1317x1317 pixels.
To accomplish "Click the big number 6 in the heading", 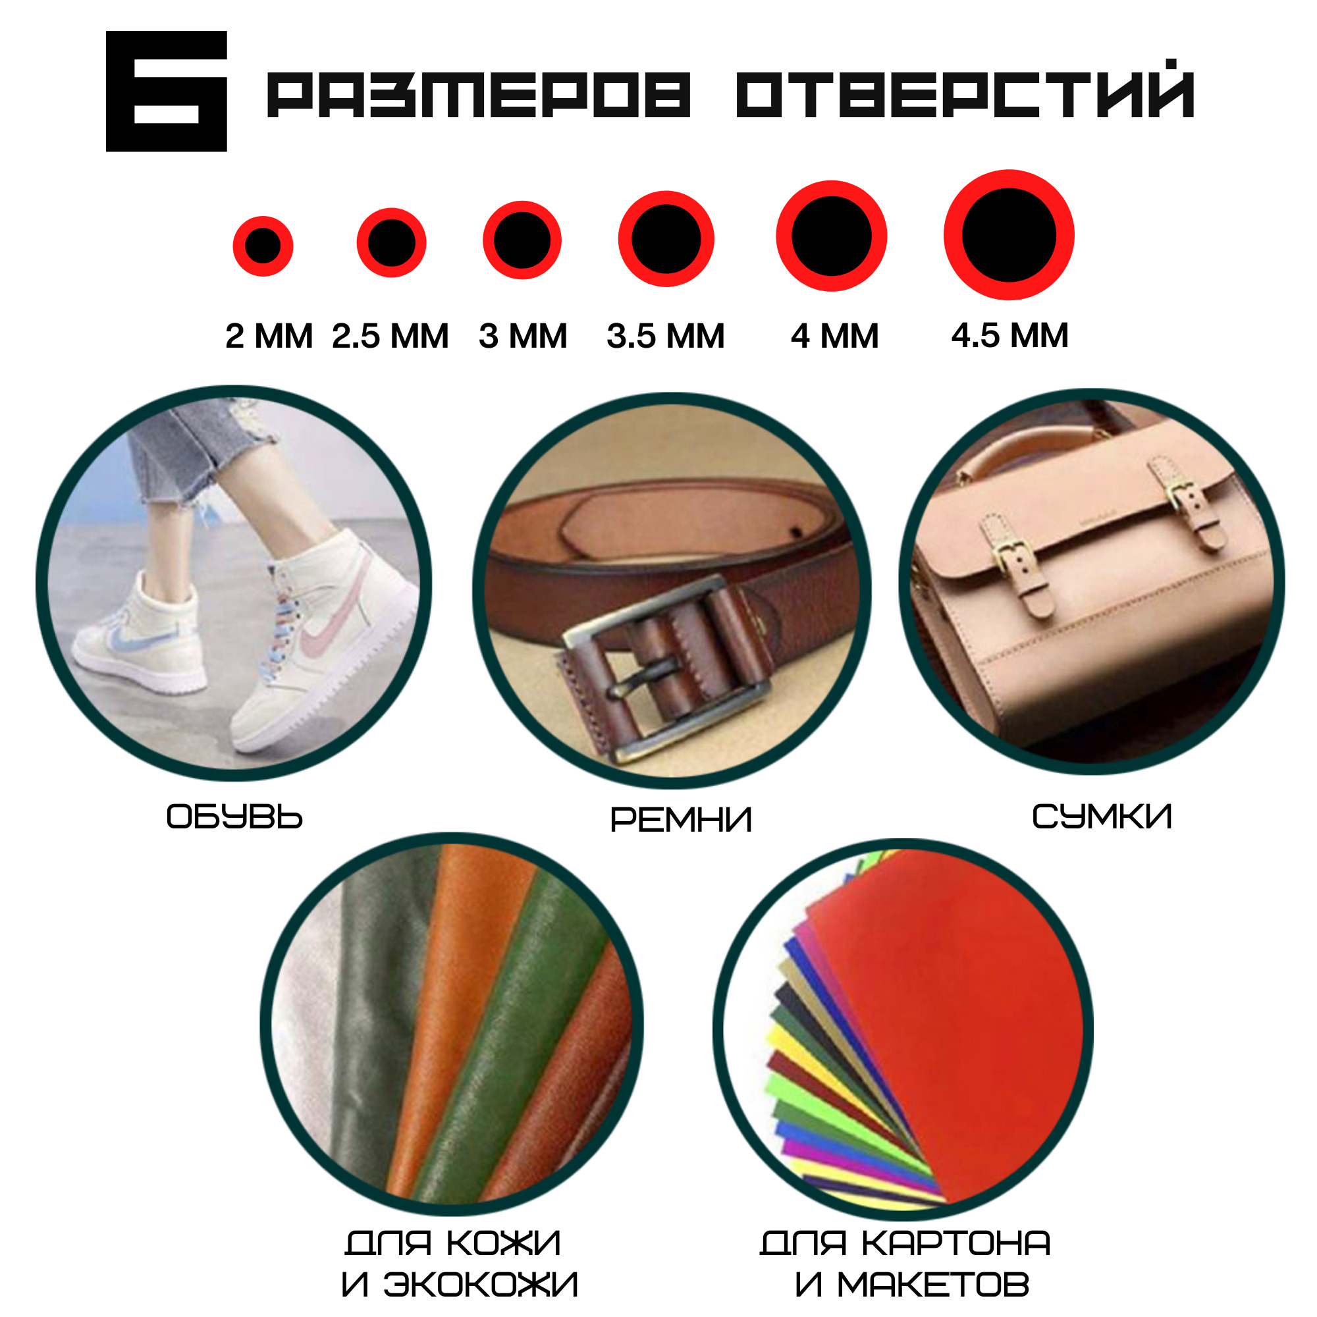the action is (x=167, y=92).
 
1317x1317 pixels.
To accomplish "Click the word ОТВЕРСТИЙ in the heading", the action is (x=965, y=90).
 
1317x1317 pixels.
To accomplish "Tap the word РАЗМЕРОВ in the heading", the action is (x=479, y=95).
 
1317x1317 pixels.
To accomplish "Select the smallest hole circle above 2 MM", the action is (x=263, y=246).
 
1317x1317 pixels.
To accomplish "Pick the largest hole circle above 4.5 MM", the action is (x=1009, y=234).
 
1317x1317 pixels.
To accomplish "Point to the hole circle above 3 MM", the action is (x=522, y=240).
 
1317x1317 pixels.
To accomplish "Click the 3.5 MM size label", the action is (x=666, y=336).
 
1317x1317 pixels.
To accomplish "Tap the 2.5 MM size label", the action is (x=390, y=336).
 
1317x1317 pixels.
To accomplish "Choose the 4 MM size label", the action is (x=835, y=336).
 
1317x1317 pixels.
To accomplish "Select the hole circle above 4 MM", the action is (x=832, y=236).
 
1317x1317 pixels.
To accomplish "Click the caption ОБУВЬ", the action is (x=234, y=817).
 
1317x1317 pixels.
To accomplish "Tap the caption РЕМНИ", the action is (x=681, y=819).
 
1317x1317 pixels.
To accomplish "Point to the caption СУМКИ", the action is (x=1102, y=817).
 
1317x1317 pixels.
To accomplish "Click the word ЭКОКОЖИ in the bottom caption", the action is (x=481, y=1285).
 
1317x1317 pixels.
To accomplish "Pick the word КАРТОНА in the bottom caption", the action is (x=955, y=1243).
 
